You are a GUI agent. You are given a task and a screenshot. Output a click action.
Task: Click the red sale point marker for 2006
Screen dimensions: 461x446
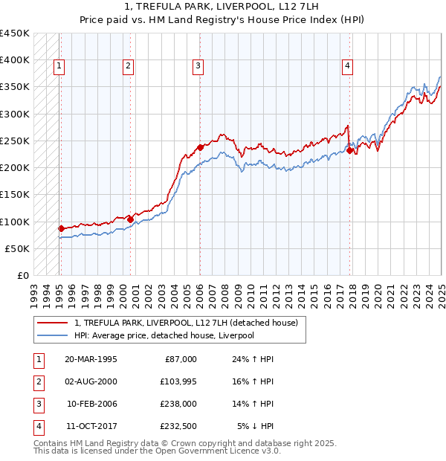200,147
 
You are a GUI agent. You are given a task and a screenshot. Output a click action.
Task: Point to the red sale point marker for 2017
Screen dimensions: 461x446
350,150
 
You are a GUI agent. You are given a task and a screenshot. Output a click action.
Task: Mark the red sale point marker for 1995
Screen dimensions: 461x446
61,228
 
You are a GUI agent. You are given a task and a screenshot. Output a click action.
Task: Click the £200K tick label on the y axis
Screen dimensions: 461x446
15,168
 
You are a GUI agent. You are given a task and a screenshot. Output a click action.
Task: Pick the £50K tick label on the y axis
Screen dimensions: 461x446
18,248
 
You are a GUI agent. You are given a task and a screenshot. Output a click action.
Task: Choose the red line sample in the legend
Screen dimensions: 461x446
52,323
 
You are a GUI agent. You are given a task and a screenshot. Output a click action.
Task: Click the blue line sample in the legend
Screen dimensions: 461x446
52,335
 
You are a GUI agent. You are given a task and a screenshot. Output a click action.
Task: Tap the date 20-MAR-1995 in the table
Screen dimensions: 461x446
91,358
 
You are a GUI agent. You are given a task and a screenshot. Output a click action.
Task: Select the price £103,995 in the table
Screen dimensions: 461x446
178,381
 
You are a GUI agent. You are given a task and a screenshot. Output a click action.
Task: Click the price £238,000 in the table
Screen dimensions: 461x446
178,404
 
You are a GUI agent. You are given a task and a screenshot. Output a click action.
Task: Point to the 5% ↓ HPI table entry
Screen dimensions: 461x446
256,426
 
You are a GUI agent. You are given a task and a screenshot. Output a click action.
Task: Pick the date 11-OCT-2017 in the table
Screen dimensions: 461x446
91,426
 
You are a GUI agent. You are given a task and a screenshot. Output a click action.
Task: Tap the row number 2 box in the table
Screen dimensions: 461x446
38,381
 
